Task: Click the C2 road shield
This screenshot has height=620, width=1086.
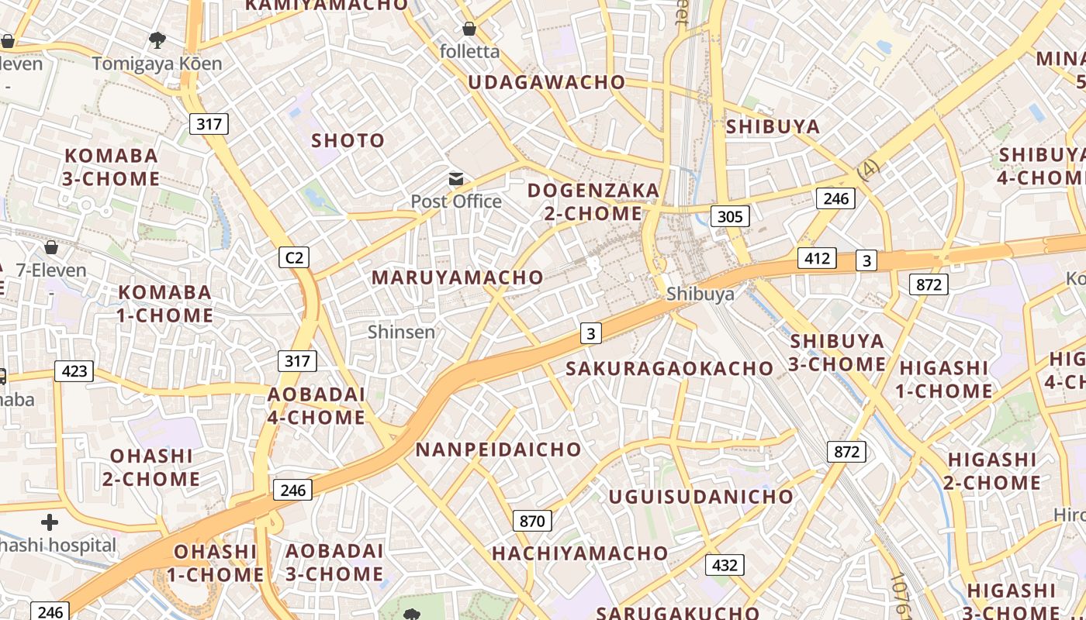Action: (x=294, y=257)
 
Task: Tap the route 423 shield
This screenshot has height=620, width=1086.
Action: (x=74, y=371)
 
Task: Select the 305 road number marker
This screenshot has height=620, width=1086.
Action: (x=730, y=216)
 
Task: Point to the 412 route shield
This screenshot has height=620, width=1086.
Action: (x=818, y=258)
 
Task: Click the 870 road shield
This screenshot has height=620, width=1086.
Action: (x=532, y=521)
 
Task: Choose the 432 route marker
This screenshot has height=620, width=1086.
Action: (x=725, y=565)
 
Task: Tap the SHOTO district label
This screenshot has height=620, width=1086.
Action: (x=348, y=140)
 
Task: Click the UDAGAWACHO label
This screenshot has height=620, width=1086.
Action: (x=546, y=82)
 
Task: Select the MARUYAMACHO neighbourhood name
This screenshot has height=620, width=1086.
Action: (x=458, y=277)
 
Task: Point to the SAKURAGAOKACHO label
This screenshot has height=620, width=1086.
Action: (x=670, y=368)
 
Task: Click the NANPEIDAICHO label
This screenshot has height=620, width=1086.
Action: (x=498, y=449)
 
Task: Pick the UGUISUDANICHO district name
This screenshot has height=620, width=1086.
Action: (x=701, y=497)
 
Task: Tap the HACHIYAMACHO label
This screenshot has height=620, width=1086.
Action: (x=579, y=553)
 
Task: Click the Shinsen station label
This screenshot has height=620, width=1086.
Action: (x=401, y=332)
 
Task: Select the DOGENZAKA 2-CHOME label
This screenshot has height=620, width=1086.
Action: (x=593, y=201)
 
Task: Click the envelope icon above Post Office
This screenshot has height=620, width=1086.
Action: (x=456, y=180)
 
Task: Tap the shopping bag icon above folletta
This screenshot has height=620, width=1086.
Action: (x=469, y=29)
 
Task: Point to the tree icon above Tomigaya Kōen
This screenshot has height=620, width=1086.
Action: (x=157, y=40)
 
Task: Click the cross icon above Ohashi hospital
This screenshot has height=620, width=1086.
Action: (x=50, y=522)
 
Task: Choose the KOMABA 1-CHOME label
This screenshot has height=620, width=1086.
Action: (x=164, y=304)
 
